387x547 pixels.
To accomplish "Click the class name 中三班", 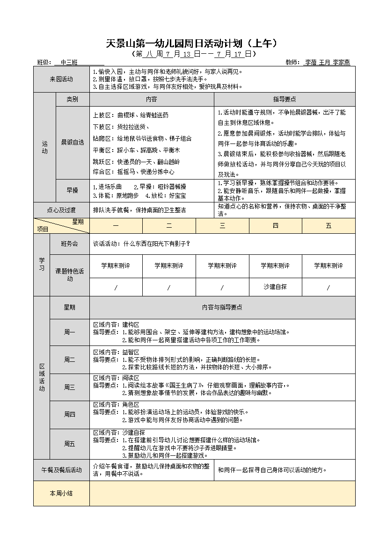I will tap(69, 62).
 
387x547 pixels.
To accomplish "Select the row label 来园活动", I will tap(61, 79).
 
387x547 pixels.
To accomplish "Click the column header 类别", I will tap(72, 99).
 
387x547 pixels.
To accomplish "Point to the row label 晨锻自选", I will tap(72, 142).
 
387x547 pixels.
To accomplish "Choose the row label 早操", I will tap(72, 190).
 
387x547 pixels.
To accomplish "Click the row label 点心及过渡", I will tap(61, 210).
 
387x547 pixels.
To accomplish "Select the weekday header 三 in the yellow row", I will tap(222, 225).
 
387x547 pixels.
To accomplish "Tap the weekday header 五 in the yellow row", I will tap(329, 225).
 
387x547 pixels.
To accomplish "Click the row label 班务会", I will tap(70, 244).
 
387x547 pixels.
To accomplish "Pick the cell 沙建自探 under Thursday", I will tap(275, 287).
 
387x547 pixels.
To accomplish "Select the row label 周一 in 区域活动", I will tap(70, 332).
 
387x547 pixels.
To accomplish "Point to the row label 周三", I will tap(70, 387).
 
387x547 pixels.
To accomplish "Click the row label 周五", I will tap(70, 444).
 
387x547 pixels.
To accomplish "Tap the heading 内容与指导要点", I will tap(222, 307).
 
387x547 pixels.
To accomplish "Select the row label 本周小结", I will tap(61, 493).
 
